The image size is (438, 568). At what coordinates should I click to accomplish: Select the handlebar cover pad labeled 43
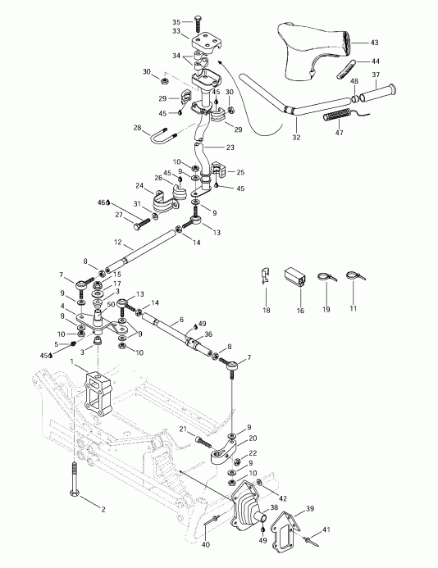coord(316,53)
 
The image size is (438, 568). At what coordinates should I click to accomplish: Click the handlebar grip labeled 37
coord(384,89)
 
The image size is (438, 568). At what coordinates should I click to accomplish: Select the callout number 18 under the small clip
coord(266,311)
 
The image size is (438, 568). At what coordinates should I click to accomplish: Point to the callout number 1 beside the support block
coord(74,361)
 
